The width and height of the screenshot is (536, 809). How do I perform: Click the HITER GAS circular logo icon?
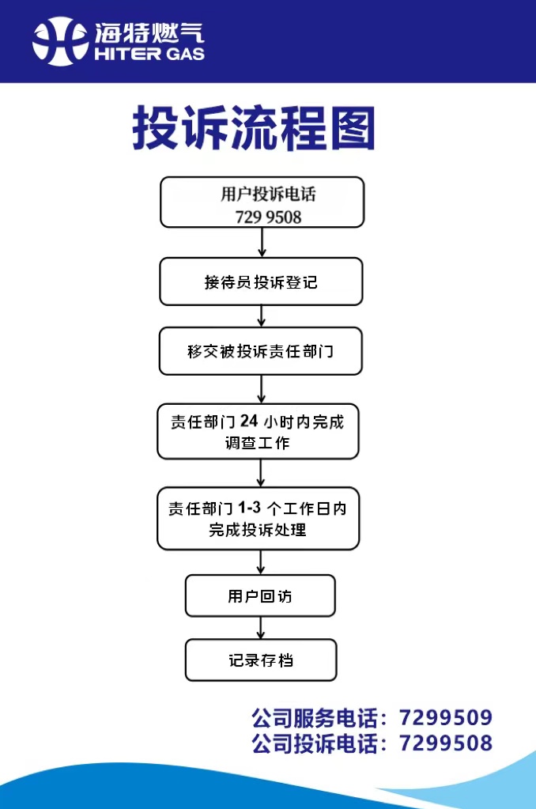tap(60, 41)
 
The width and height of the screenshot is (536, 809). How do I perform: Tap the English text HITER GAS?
tap(149, 54)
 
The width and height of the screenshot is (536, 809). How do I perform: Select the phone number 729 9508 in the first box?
tap(268, 217)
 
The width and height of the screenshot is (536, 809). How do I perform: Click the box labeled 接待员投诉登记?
tap(261, 282)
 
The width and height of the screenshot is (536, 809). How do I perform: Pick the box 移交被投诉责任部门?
tap(260, 351)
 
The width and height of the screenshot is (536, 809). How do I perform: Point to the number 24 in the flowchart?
tap(250, 421)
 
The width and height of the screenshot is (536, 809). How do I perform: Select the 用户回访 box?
tap(260, 595)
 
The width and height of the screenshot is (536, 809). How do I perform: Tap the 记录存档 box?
tap(261, 660)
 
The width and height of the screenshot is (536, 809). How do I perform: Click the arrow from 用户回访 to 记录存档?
tap(261, 628)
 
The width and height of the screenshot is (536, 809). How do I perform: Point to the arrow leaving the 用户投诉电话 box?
tap(262, 242)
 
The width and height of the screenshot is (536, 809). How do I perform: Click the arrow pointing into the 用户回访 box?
tap(261, 562)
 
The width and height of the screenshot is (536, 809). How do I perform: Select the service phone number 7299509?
tap(446, 718)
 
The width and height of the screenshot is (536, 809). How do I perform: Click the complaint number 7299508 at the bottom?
tap(446, 743)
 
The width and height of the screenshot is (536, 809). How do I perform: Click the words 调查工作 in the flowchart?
tap(258, 443)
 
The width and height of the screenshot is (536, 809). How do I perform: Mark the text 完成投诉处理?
tap(258, 530)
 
